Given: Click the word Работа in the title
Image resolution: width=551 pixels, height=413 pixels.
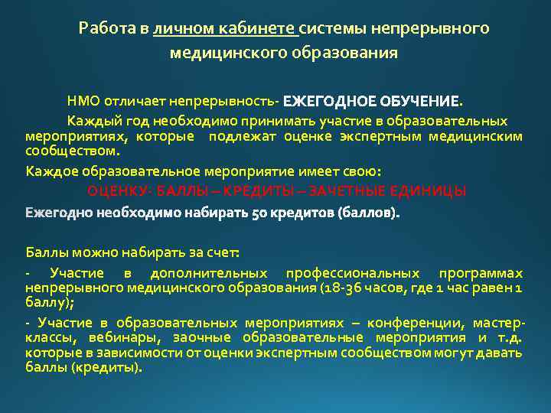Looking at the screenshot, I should coord(107,29).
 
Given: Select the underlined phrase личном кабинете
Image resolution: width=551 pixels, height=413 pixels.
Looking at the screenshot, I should coord(224,29).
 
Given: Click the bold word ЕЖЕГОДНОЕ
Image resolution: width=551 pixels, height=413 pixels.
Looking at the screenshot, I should coord(328,101).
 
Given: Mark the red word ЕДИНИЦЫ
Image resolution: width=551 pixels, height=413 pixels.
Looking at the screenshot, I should coord(428,190).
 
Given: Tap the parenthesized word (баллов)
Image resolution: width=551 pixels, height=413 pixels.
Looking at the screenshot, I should coord(367,211).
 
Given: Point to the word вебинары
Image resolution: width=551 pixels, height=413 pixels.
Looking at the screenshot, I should coord(140,338).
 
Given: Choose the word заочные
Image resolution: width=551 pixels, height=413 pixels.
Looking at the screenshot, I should coord(210,338).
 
